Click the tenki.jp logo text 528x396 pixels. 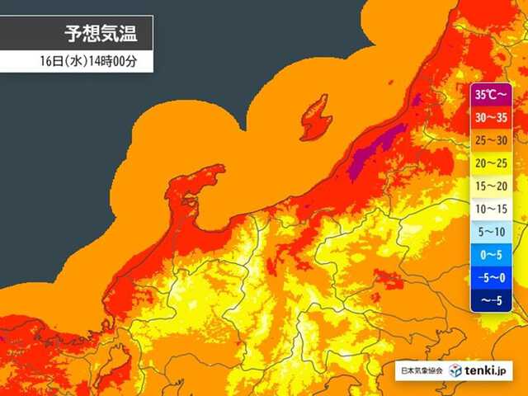click(x=491, y=370)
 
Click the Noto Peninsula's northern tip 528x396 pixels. click(x=217, y=169)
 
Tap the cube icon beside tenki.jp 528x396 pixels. click(x=456, y=370)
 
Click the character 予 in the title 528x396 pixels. click(x=73, y=34)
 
